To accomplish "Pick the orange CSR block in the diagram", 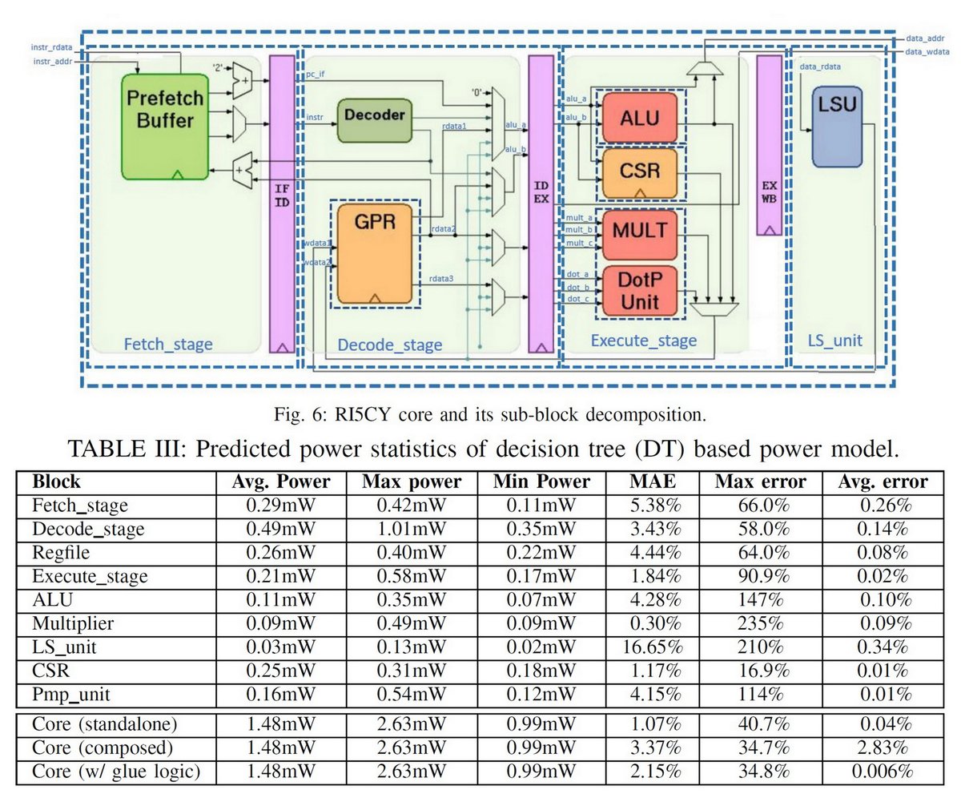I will tap(640, 172).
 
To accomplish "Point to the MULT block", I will tap(639, 231).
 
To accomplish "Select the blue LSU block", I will tap(835, 127).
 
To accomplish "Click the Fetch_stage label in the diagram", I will tap(167, 345).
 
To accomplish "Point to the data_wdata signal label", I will tap(927, 51).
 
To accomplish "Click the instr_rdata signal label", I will tap(51, 48).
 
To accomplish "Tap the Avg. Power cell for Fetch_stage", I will tap(281, 506).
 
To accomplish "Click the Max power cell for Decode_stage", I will tap(412, 529).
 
